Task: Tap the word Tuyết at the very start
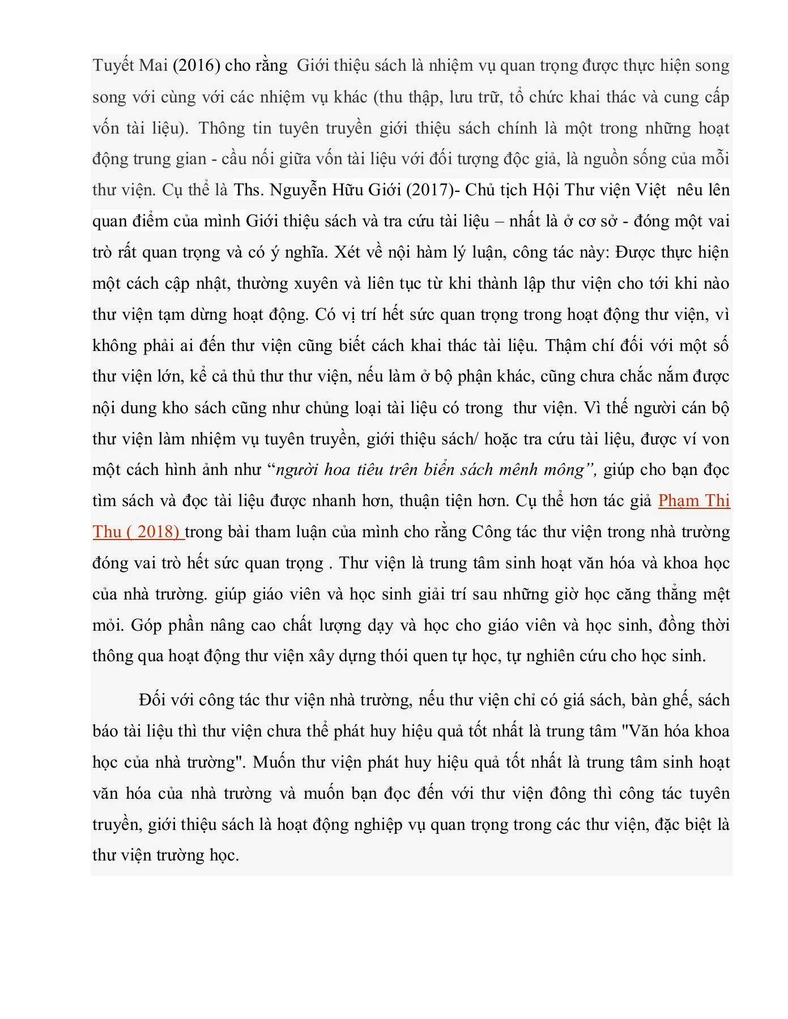point(113,66)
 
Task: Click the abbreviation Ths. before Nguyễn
point(249,190)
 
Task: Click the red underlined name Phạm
point(679,501)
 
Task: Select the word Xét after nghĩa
point(350,252)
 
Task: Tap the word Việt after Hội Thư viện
point(650,190)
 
